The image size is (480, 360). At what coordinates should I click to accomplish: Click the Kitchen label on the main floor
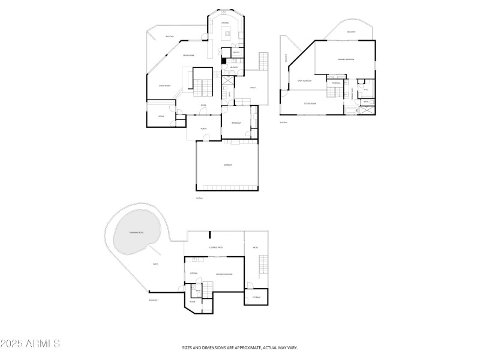226,23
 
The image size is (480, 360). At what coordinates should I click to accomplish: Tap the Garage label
228,165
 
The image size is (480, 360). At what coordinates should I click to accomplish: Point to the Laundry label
233,67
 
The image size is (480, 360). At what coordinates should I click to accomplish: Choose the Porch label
203,128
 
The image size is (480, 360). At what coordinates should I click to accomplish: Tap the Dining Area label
188,55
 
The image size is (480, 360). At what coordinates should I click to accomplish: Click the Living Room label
164,86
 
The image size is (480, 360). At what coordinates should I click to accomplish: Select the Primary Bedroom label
346,59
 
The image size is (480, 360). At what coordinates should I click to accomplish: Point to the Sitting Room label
310,103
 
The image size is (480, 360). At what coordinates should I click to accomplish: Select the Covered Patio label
217,247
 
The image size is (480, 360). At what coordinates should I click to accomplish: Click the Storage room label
256,297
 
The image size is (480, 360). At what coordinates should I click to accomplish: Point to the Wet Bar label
194,274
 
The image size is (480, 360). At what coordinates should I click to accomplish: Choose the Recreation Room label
224,274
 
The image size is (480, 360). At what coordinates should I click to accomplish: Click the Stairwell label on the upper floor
336,83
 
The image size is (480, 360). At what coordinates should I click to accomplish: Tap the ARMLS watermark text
30,344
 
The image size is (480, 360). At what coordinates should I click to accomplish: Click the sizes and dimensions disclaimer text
240,347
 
